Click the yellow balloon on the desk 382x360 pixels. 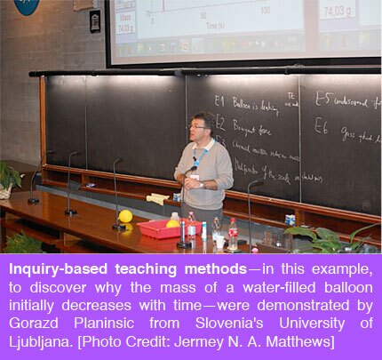coord(125,216)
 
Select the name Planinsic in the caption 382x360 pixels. coord(115,312)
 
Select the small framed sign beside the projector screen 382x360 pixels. coord(95,20)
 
